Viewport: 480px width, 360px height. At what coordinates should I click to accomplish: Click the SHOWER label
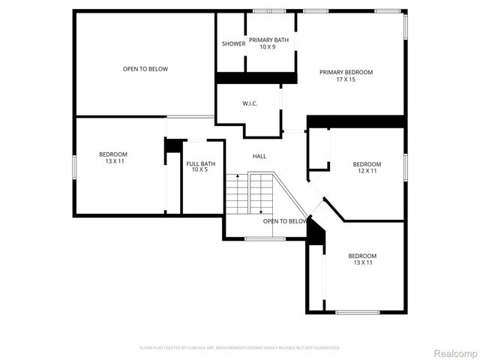pos(233,43)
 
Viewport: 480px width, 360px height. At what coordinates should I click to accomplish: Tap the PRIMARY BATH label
pos(268,40)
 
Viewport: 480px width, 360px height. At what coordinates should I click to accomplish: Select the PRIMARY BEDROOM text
pos(346,73)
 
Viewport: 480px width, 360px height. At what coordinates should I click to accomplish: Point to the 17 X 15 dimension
pos(346,79)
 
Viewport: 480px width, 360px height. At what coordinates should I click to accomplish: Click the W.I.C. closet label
pos(250,103)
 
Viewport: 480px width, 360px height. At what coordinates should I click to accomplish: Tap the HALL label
pos(259,156)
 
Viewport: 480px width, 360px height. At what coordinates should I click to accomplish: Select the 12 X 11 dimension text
pos(367,171)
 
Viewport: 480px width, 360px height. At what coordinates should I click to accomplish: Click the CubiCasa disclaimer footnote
pos(240,348)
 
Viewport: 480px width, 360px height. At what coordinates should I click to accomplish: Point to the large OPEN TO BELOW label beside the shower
pos(145,69)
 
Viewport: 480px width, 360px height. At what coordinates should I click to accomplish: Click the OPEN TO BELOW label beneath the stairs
pos(285,221)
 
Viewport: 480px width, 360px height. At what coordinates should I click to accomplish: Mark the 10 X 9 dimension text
pos(268,47)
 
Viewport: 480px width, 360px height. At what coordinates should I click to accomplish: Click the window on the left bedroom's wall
pos(73,166)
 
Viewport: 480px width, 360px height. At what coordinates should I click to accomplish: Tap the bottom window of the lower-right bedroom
pos(357,312)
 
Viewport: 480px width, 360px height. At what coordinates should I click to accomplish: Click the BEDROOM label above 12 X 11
pos(367,164)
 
